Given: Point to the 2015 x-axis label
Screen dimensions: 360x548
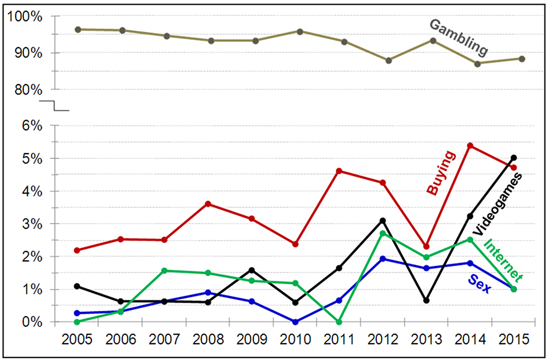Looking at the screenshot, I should pos(513,339).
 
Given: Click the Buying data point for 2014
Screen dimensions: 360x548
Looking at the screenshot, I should pos(470,146).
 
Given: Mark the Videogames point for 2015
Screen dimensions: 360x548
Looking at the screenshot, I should pos(514,158).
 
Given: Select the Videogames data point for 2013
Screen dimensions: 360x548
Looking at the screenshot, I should pos(426,300).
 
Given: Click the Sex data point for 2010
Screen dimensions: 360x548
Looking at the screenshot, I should pos(296,322).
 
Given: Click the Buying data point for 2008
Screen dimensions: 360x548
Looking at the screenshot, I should pos(208,204).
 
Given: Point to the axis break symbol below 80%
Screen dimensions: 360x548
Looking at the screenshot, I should pos(54,105).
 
